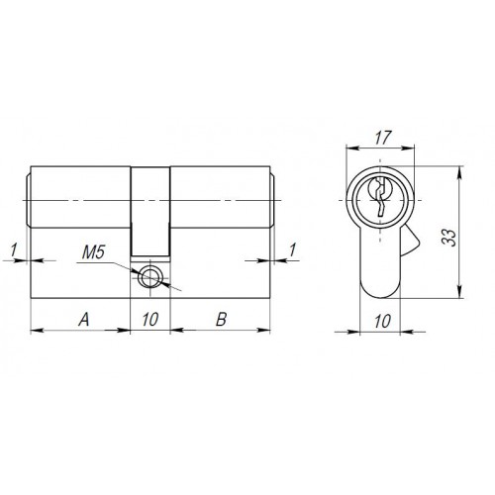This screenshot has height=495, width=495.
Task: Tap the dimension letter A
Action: (83, 319)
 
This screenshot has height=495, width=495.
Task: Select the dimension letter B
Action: (222, 319)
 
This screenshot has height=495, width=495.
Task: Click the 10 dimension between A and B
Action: (150, 319)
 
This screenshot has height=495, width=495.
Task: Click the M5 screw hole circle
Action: (151, 276)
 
